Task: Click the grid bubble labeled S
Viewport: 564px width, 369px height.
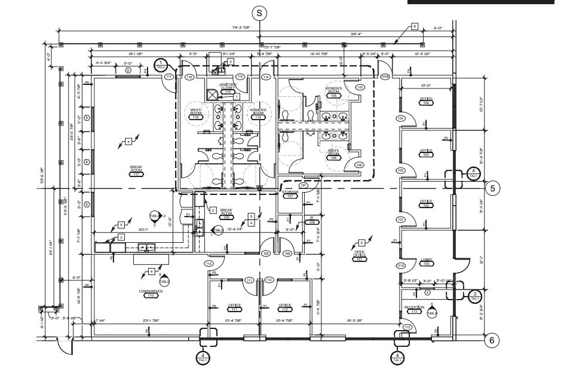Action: pyautogui.click(x=259, y=12)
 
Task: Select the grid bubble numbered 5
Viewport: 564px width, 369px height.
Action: pyautogui.click(x=492, y=188)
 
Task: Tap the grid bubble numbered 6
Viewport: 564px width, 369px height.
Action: pyautogui.click(x=491, y=340)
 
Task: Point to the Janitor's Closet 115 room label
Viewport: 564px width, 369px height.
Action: pyautogui.click(x=228, y=89)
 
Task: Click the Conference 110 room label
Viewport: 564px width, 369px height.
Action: pyautogui.click(x=151, y=293)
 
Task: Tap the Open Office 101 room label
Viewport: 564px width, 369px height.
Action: pyautogui.click(x=359, y=256)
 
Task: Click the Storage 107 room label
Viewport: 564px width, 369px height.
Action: pyautogui.click(x=290, y=194)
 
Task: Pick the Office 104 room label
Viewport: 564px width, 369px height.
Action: pyautogui.click(x=426, y=101)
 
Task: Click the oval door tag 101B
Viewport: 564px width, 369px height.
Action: pyautogui.click(x=386, y=77)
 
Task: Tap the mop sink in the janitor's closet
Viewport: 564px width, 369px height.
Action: pyautogui.click(x=211, y=94)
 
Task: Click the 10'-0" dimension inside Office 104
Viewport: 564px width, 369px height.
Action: pyautogui.click(x=425, y=86)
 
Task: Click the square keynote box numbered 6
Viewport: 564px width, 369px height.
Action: pyautogui.click(x=413, y=27)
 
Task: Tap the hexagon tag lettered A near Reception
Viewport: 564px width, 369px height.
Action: pyautogui.click(x=427, y=292)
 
